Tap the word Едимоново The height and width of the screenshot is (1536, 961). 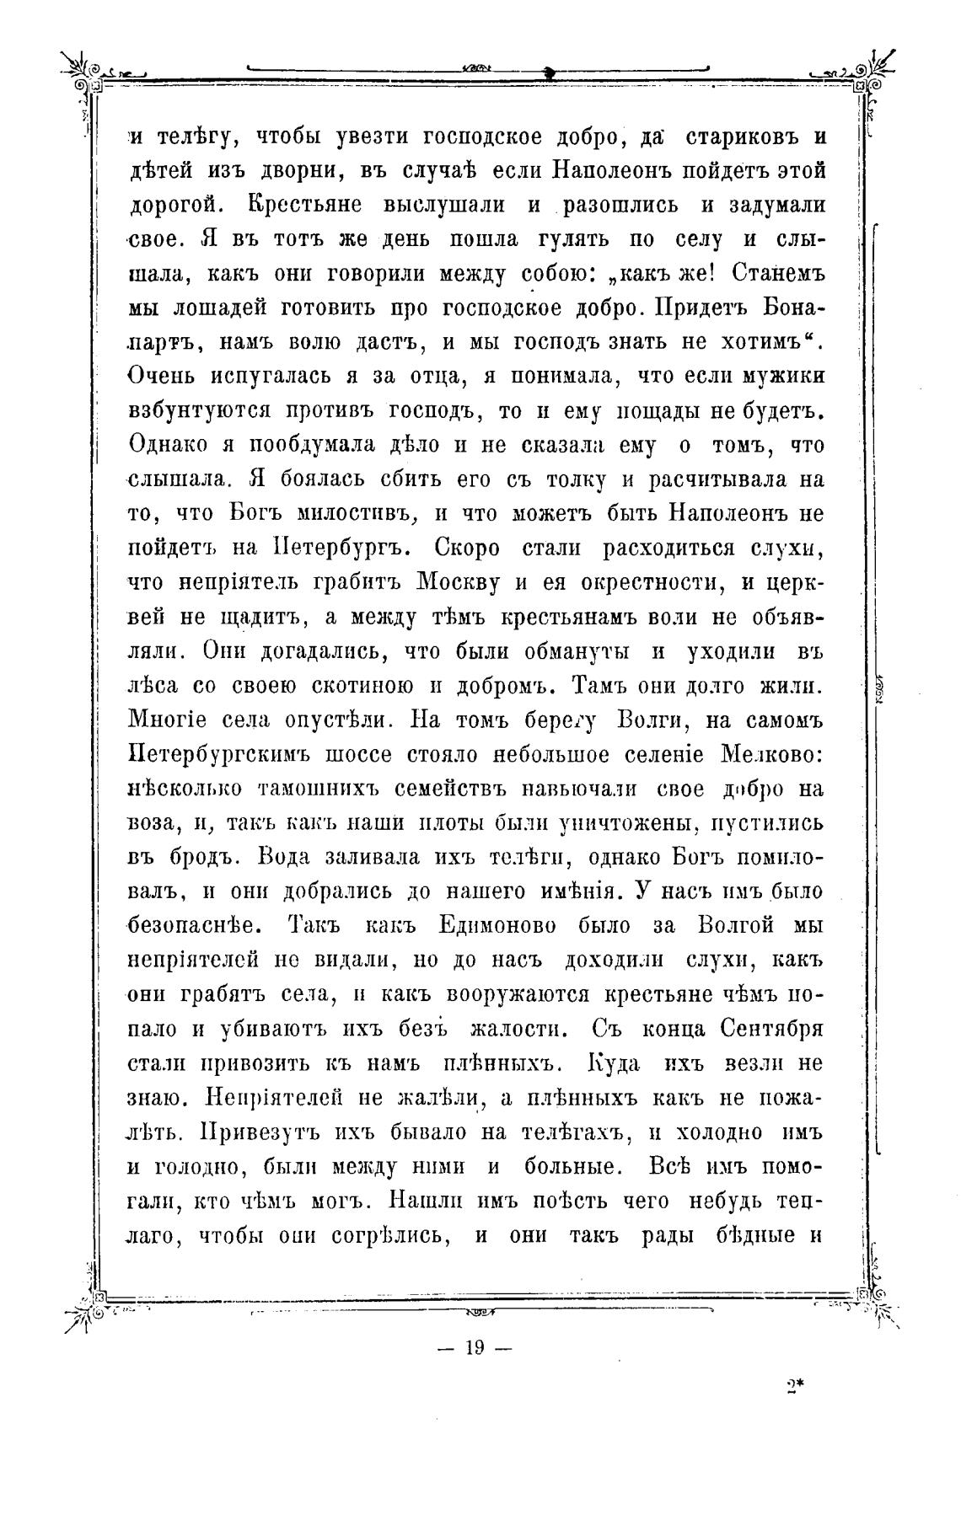click(497, 925)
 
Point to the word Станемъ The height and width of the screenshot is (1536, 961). click(779, 273)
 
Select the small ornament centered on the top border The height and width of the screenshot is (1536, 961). click(478, 68)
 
